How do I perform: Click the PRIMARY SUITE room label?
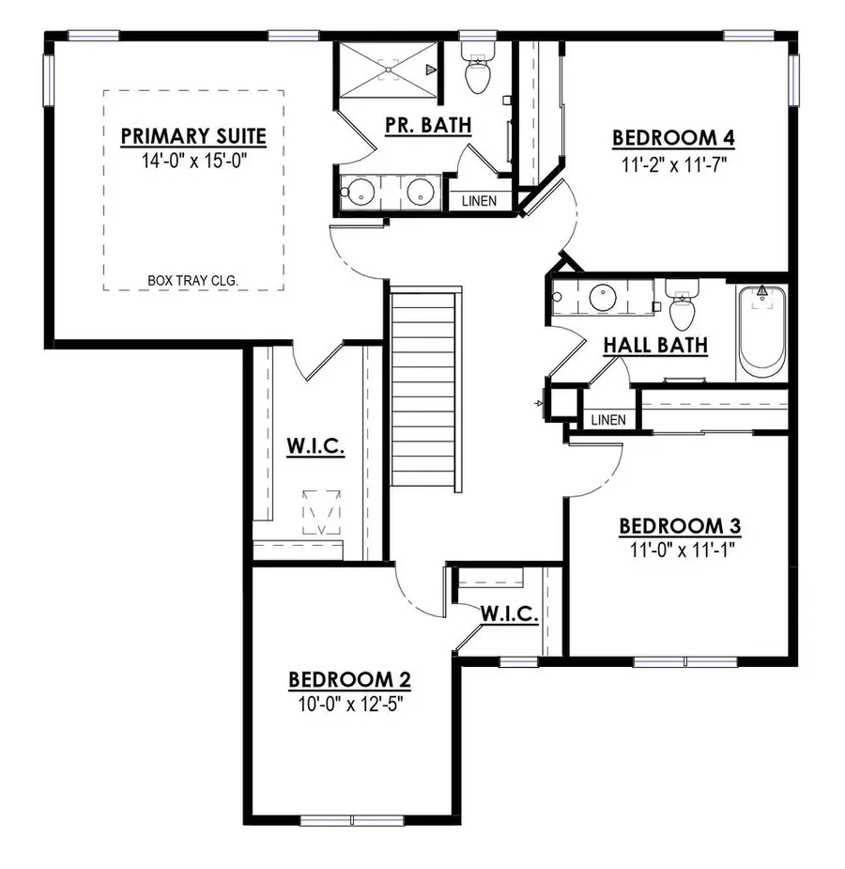[x=193, y=136]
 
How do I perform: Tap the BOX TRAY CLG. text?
[x=193, y=280]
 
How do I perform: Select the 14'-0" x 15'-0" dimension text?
[x=193, y=161]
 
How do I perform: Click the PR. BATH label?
[x=428, y=125]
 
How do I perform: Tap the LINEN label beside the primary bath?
[x=479, y=201]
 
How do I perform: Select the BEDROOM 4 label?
[x=673, y=138]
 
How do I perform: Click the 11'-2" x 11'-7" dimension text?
[x=673, y=162]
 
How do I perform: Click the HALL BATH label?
[x=654, y=345]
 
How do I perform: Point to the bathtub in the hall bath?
[x=761, y=329]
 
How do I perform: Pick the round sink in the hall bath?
[x=602, y=300]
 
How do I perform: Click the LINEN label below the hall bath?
[x=607, y=419]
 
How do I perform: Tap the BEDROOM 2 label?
[x=348, y=678]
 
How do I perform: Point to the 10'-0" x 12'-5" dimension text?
[x=348, y=702]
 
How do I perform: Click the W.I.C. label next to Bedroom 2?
[x=509, y=614]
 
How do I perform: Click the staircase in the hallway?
[x=426, y=389]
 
